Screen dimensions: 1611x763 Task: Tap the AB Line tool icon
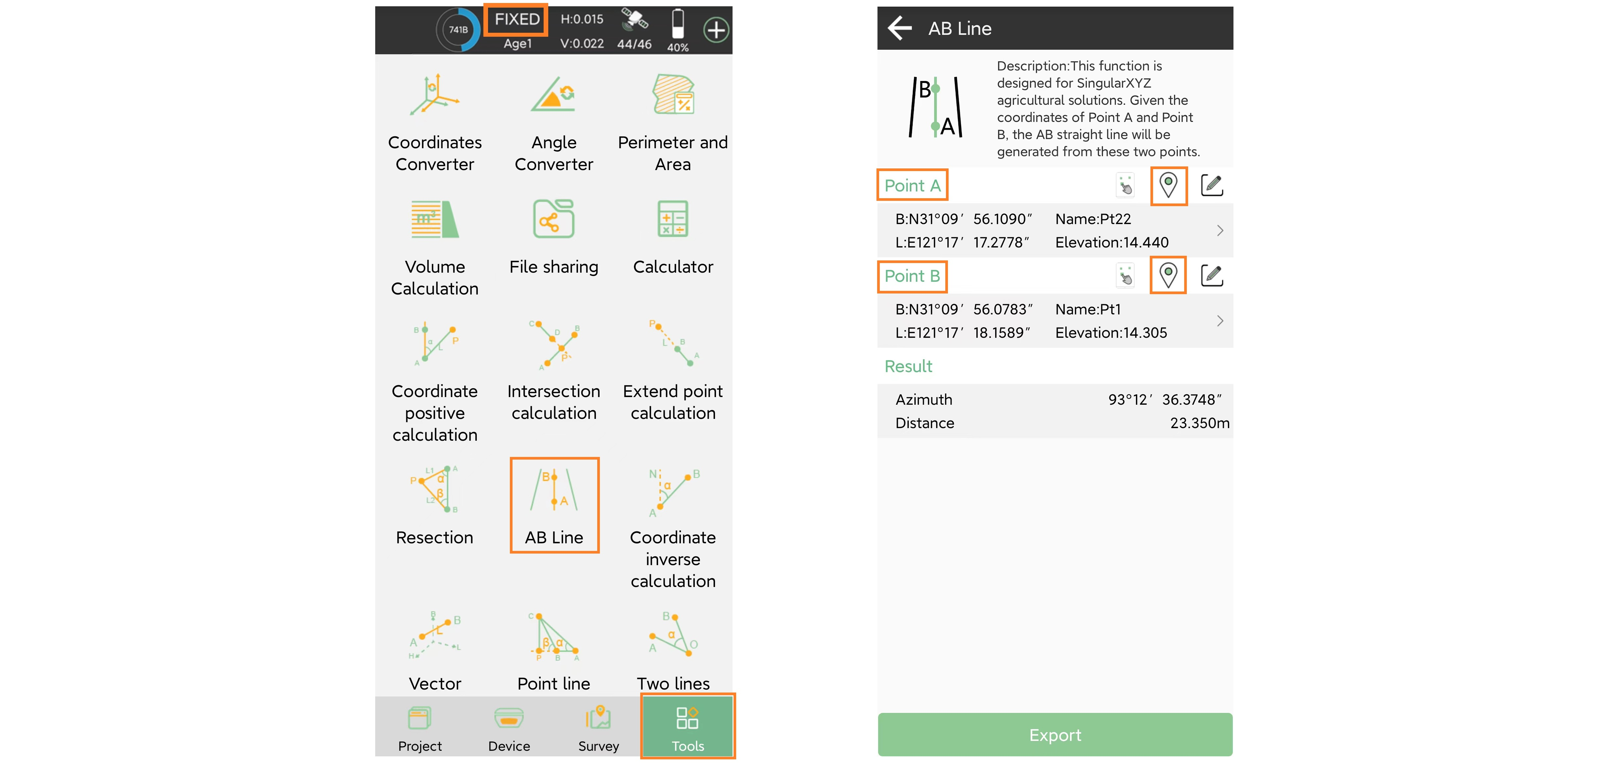(x=554, y=490)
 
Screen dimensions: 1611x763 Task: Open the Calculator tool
(x=673, y=219)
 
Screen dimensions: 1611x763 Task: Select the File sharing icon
(x=554, y=219)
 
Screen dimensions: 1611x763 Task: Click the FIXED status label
(x=516, y=20)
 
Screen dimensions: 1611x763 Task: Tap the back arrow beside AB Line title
(x=899, y=28)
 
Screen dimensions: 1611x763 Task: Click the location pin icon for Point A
(x=1168, y=185)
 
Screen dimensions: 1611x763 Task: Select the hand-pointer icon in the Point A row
(x=1125, y=185)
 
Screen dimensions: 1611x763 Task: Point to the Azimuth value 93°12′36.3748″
(x=1164, y=400)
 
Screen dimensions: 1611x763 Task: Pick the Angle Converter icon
(x=554, y=94)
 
